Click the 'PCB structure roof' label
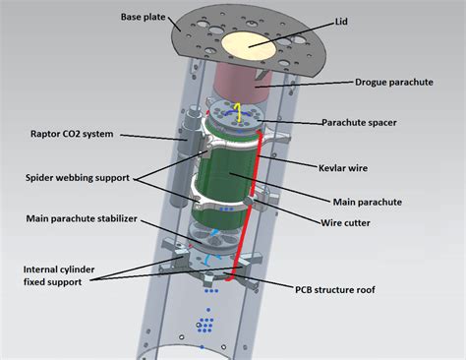(x=355, y=289)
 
